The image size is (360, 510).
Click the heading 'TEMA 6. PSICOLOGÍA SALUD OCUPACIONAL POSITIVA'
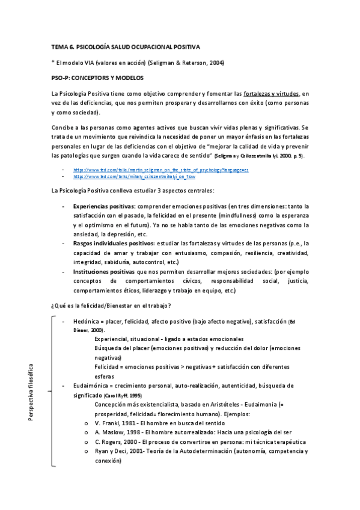tap(126, 46)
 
